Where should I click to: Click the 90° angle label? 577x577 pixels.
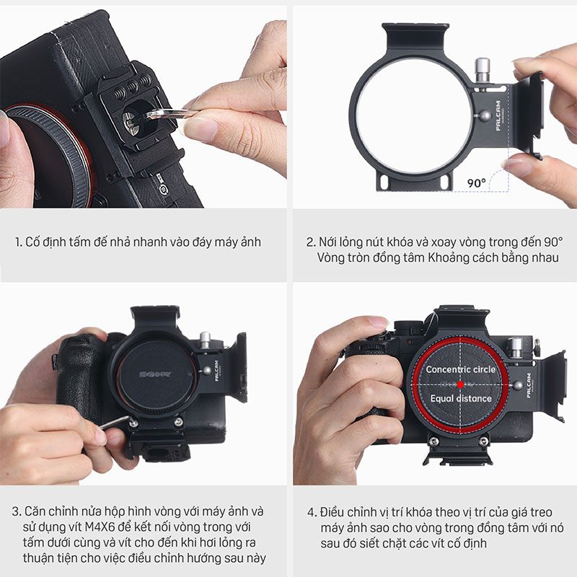(x=477, y=182)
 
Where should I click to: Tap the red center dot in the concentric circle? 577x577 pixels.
(x=460, y=384)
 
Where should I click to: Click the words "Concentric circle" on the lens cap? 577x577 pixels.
(x=460, y=369)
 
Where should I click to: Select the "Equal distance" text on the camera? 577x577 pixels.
(x=461, y=398)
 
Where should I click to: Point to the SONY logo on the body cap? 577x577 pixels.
(x=156, y=374)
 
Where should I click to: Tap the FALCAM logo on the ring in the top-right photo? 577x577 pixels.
(x=498, y=115)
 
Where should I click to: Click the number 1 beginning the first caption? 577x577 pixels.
(x=18, y=242)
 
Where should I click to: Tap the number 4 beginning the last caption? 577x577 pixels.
(x=312, y=512)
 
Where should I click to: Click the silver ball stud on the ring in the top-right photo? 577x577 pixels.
(x=485, y=115)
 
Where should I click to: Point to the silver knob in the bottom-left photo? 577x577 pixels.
(x=205, y=340)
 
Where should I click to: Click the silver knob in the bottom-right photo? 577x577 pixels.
(x=515, y=348)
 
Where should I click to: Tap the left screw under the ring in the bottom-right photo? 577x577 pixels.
(x=434, y=441)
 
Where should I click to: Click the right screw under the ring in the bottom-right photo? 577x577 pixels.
(x=484, y=441)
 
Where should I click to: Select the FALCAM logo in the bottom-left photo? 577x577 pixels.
(x=216, y=371)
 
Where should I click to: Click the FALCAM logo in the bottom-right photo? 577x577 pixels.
(x=529, y=385)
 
